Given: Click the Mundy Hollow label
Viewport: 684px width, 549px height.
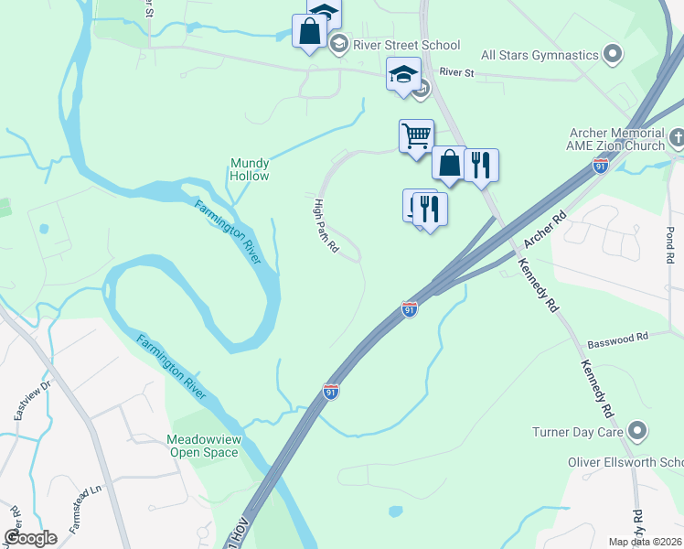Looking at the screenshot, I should pyautogui.click(x=250, y=169).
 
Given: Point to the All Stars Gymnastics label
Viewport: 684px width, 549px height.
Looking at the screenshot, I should pyautogui.click(x=540, y=55).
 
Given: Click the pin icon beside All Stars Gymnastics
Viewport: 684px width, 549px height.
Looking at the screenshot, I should pyautogui.click(x=613, y=55).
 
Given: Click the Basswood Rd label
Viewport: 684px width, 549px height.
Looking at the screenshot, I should pyautogui.click(x=617, y=338).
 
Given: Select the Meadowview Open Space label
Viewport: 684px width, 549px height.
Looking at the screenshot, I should pyautogui.click(x=204, y=446).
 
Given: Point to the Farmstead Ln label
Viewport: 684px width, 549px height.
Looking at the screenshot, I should pyautogui.click(x=82, y=513).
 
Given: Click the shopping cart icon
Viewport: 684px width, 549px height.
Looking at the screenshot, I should pyautogui.click(x=416, y=136).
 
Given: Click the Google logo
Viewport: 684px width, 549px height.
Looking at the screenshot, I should pyautogui.click(x=31, y=537).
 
